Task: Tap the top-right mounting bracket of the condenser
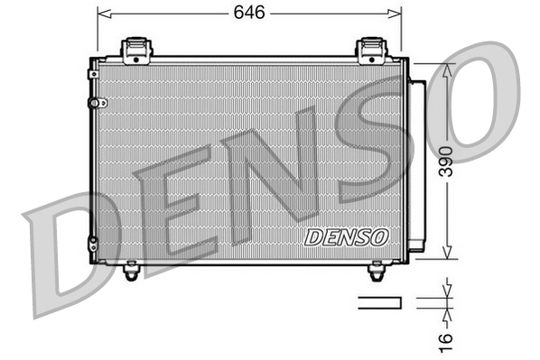coord(371,50)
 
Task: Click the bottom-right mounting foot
coord(377,268)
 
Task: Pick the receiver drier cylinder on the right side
coord(416,162)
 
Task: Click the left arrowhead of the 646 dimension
coord(100,14)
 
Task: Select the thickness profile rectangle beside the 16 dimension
coord(380,302)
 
